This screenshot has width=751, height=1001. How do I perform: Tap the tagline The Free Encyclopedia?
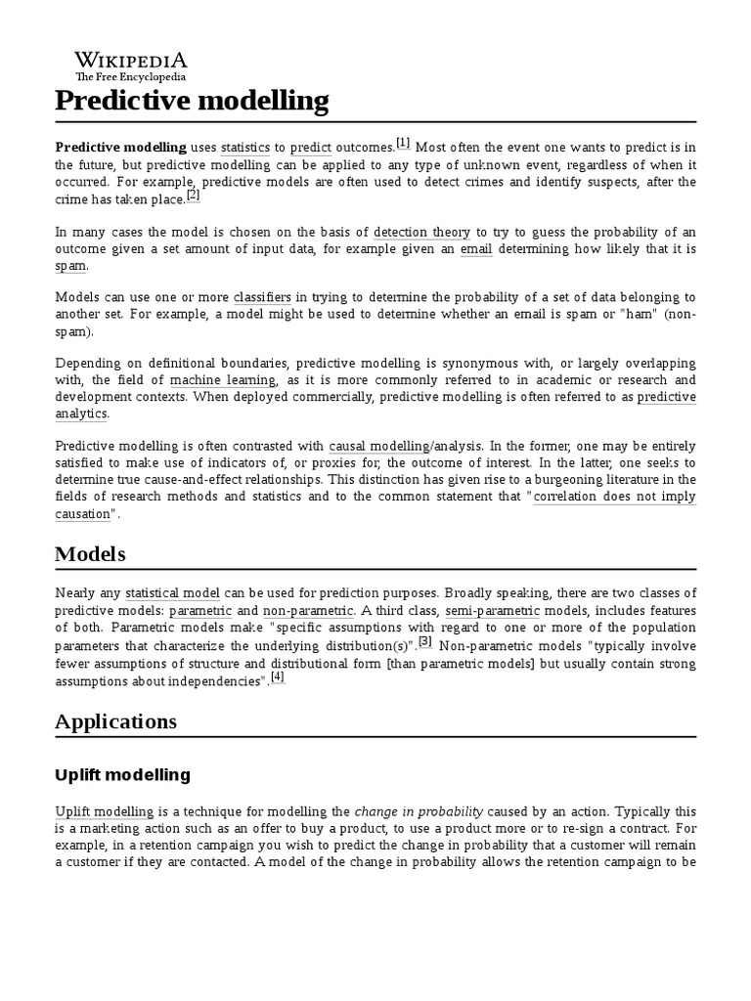coord(131,76)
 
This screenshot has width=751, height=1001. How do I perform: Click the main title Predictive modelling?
coord(192,101)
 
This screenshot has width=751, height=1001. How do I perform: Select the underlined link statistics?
coord(244,148)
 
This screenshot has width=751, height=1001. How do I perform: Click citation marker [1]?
coord(403,144)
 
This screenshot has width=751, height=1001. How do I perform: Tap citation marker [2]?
coord(194,196)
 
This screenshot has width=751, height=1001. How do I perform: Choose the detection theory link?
coord(421,233)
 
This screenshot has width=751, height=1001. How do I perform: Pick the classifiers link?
coord(263,297)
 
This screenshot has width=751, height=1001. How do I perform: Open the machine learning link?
coord(224,379)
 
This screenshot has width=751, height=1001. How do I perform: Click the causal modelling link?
coord(378,447)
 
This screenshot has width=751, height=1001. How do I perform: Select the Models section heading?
coord(90,554)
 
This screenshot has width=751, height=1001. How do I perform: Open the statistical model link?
coord(172,593)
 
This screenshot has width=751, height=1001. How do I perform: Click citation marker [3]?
coord(425,641)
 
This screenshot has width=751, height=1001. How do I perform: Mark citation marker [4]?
coord(278,676)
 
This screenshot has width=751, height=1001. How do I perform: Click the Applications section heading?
coord(115,721)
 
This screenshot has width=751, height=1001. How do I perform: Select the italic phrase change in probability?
coord(419,811)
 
